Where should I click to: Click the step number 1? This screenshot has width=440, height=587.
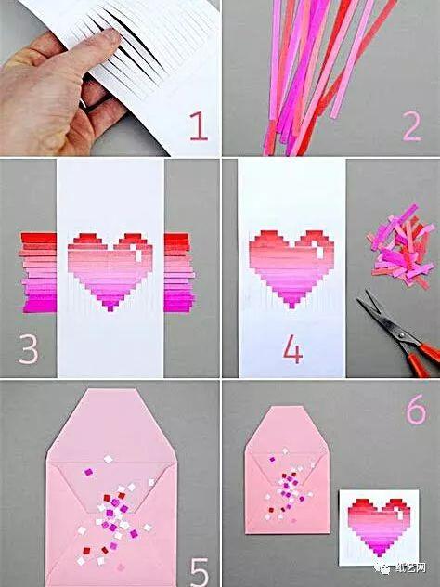(x=199, y=126)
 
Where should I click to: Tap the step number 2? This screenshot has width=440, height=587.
(x=412, y=126)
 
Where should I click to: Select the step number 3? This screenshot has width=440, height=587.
(x=29, y=349)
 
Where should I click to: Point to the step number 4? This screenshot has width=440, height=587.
(x=292, y=349)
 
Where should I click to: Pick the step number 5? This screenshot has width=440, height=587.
(x=200, y=572)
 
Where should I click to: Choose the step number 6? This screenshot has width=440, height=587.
(x=416, y=410)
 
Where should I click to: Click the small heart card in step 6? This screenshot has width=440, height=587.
(x=379, y=528)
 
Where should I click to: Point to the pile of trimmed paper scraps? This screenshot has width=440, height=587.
(x=400, y=246)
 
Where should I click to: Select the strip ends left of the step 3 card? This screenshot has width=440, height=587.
(x=38, y=272)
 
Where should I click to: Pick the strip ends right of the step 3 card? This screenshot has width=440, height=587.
(x=179, y=272)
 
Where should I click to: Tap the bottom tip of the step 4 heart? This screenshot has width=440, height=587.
(x=291, y=307)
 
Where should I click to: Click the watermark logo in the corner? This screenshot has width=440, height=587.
(x=385, y=568)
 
